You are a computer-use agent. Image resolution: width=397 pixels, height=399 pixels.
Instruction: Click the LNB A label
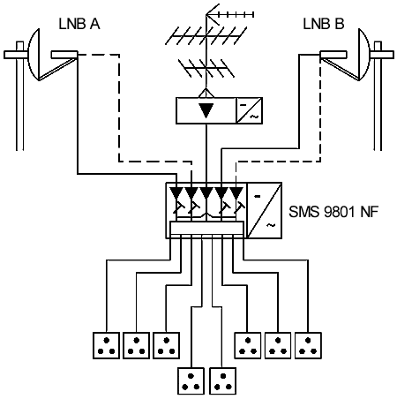pyautogui.click(x=79, y=24)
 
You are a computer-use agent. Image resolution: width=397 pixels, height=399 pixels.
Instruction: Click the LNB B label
pyautogui.click(x=324, y=24)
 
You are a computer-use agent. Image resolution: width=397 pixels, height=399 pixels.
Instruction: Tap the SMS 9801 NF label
pyautogui.click(x=333, y=211)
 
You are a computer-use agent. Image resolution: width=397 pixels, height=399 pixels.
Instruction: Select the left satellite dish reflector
pyautogui.click(x=34, y=55)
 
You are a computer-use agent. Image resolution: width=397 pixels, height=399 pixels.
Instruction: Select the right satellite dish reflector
pyautogui.click(x=364, y=55)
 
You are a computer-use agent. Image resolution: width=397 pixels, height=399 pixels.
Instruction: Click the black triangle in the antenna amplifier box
pyautogui.click(x=206, y=110)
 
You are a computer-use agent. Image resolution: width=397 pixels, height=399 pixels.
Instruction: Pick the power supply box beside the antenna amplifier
pyautogui.click(x=250, y=110)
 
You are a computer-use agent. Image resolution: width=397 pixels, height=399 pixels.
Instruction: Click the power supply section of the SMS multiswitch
pyautogui.click(x=264, y=210)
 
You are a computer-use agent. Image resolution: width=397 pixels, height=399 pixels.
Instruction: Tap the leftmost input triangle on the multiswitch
pyautogui.click(x=176, y=192)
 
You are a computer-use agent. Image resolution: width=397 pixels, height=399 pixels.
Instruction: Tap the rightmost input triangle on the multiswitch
pyautogui.click(x=236, y=192)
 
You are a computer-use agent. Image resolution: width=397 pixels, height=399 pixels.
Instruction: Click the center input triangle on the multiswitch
pyautogui.click(x=206, y=192)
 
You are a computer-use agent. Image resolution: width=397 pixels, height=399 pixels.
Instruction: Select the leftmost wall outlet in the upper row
pyautogui.click(x=106, y=345)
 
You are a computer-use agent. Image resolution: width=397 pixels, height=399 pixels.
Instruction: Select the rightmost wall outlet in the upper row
pyautogui.click(x=308, y=345)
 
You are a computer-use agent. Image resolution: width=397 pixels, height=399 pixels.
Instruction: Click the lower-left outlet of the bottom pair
pyautogui.click(x=191, y=381)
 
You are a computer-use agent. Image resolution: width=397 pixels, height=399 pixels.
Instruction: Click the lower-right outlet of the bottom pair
pyautogui.click(x=222, y=381)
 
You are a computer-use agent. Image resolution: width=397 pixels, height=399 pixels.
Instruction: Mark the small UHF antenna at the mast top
pyautogui.click(x=229, y=14)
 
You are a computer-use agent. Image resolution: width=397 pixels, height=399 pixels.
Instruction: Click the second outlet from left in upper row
pyautogui.click(x=136, y=345)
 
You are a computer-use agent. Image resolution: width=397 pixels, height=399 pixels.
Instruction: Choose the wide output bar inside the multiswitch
pyautogui.click(x=206, y=228)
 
